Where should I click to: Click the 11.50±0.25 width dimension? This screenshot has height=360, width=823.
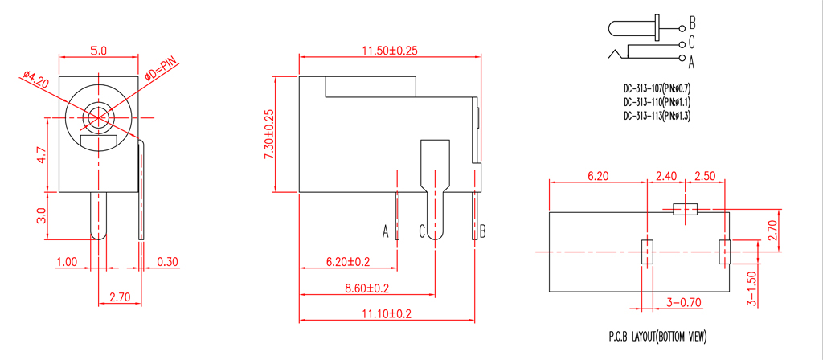point(391,50)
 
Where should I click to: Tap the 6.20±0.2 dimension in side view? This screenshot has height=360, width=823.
point(348,261)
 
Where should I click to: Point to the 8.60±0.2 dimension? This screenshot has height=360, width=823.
point(366,287)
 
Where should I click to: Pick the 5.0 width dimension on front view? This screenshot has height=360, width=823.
point(99,50)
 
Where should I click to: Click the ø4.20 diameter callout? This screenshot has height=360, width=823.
point(35,81)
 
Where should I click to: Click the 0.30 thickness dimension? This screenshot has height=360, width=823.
point(168,262)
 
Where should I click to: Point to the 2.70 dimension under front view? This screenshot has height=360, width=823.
point(119,297)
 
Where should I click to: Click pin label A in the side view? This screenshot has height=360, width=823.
point(386,232)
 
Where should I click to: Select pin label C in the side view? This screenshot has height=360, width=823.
point(421,232)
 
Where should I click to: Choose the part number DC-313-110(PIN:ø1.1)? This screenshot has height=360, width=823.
point(657,102)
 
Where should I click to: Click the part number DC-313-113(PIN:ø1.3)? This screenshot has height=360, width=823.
point(657,116)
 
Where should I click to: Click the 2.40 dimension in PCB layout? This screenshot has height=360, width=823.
point(666,175)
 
